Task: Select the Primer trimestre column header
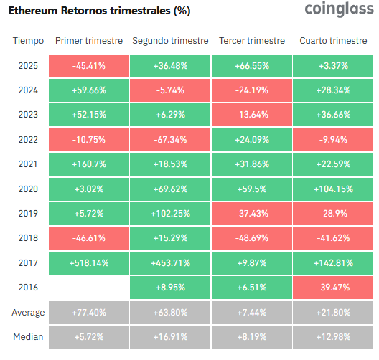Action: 89,41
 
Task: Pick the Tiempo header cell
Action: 29,41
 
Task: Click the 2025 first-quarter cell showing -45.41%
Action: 89,66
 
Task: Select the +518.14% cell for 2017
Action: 89,263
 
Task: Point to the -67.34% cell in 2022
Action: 170,140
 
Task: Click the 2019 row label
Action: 29,214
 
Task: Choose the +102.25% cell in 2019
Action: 170,214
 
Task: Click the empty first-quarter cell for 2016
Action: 89,288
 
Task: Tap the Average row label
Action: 29,313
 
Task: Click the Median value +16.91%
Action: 170,337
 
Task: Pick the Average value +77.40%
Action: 89,313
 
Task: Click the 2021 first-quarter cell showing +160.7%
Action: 89,164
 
